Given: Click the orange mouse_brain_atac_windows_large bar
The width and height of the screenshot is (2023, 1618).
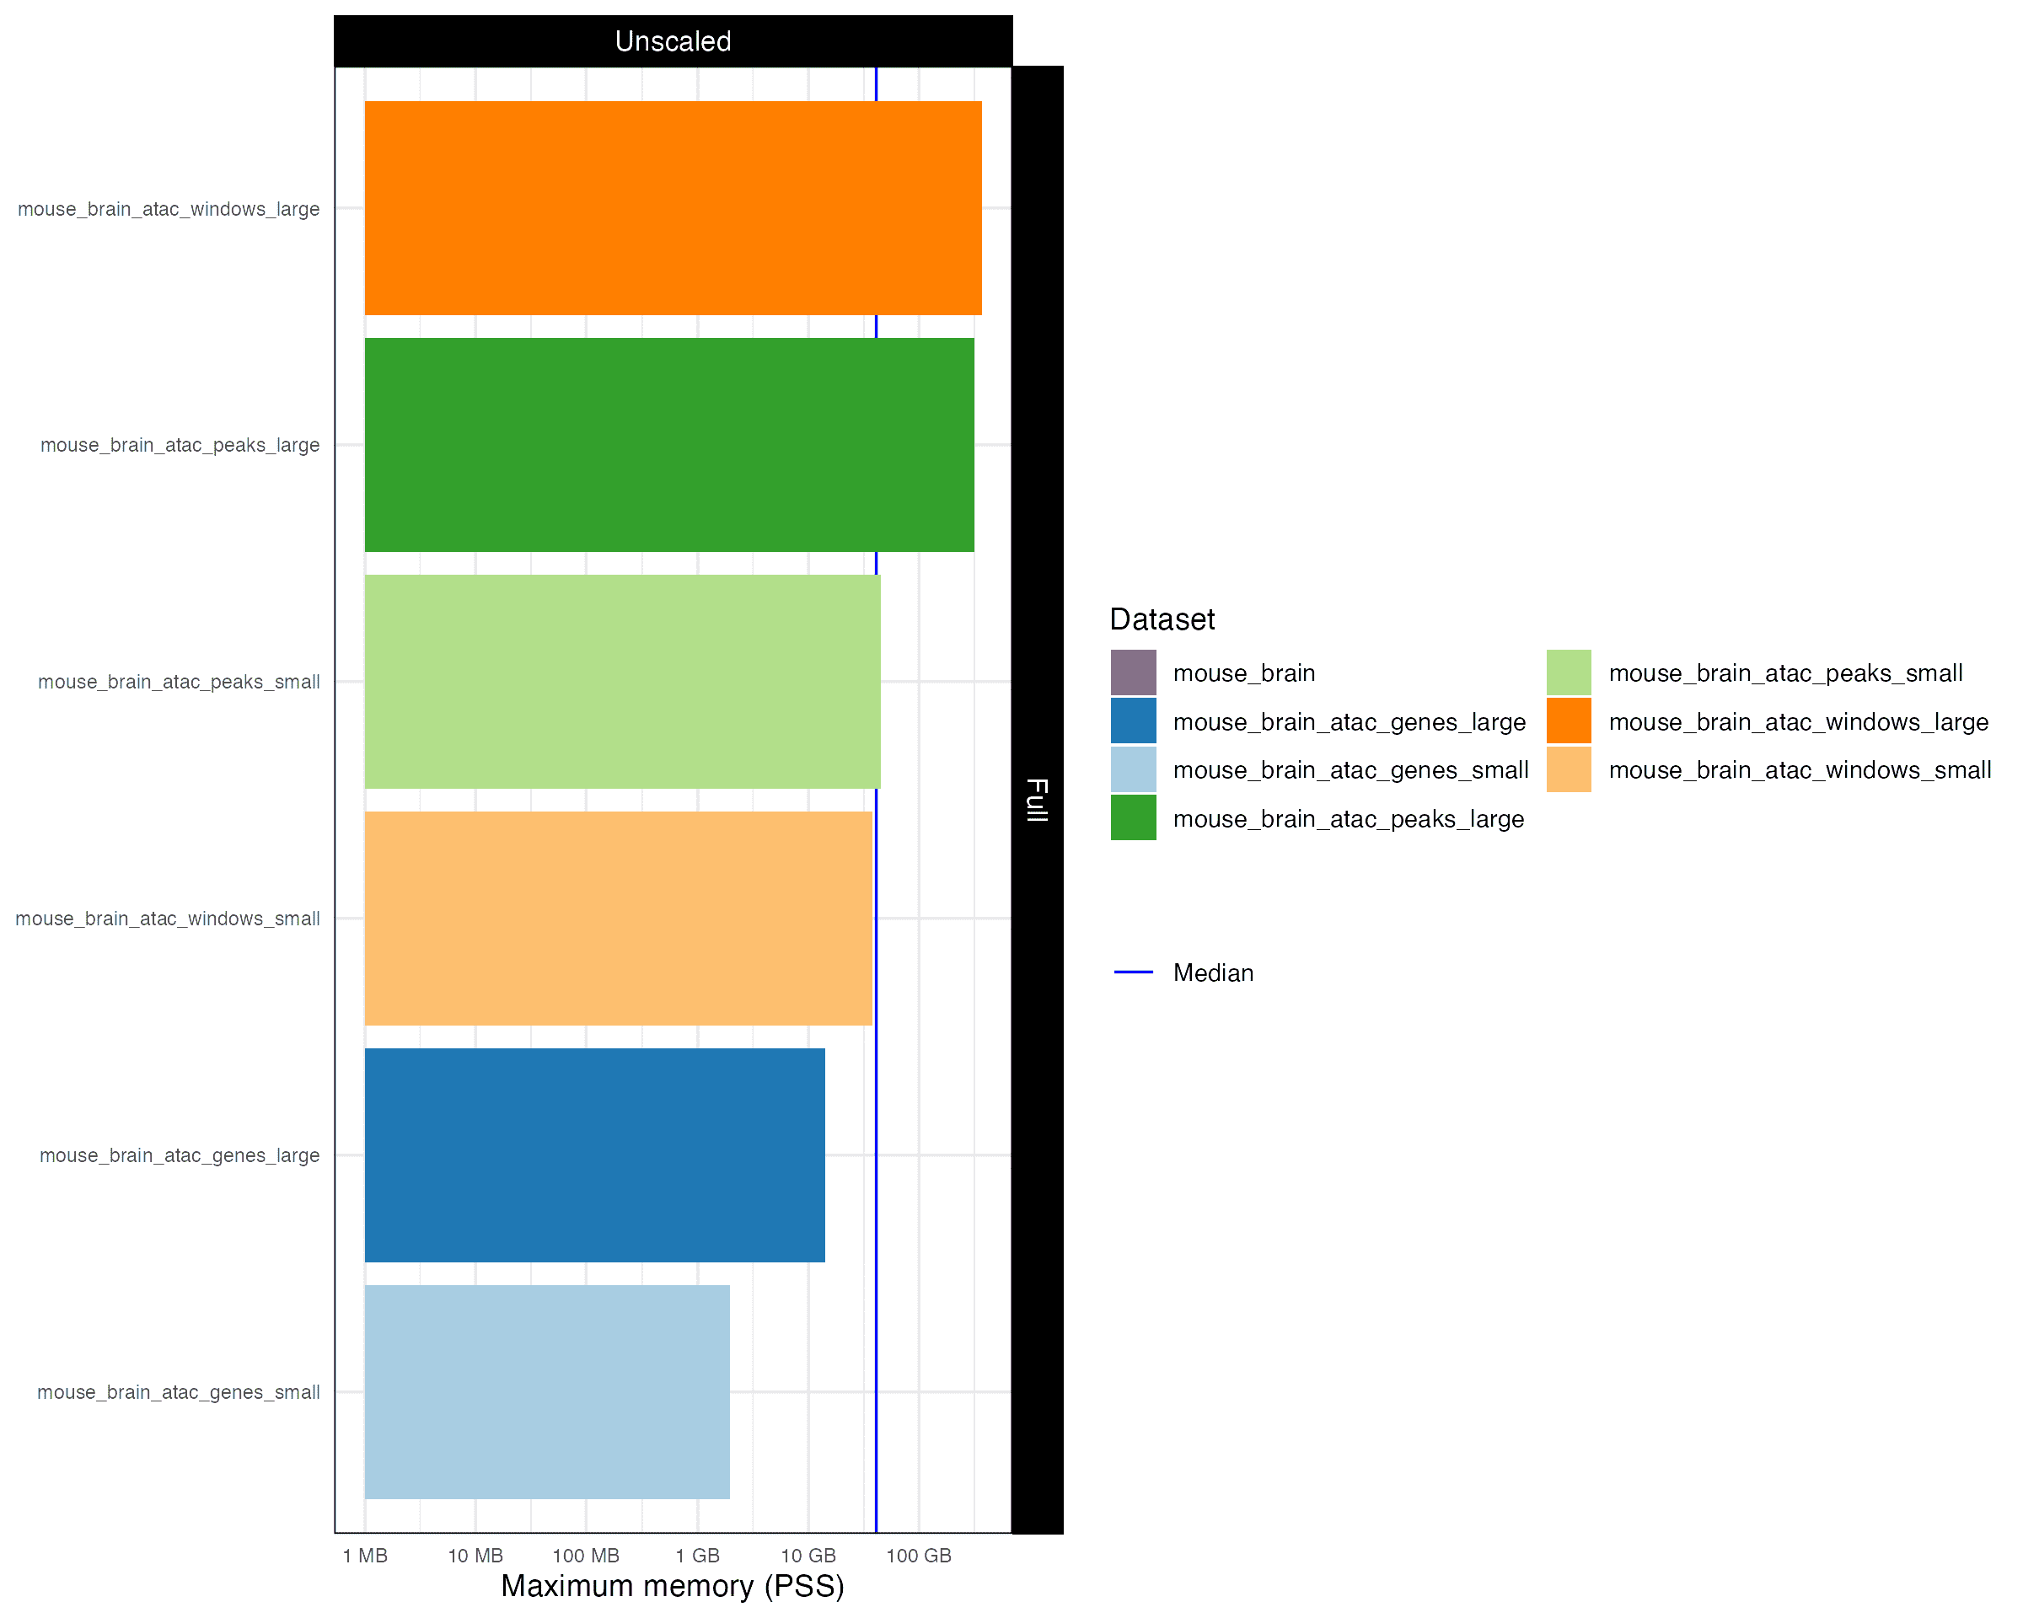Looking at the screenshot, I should point(673,208).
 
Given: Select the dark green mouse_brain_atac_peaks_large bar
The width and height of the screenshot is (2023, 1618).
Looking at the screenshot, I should point(669,445).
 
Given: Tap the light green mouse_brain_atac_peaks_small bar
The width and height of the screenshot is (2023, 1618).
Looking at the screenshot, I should point(622,682).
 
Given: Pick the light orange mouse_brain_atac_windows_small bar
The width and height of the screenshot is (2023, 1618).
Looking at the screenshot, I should point(619,919).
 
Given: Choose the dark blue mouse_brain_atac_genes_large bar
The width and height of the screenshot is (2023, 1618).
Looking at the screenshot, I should point(595,1155).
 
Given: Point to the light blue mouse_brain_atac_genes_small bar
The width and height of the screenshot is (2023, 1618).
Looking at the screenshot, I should point(547,1392).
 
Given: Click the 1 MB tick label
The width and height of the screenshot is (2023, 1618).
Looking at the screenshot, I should point(365,1556).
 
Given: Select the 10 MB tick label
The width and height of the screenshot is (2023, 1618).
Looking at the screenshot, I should point(475,1556).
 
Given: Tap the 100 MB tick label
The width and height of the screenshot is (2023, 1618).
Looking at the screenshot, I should point(587,1556).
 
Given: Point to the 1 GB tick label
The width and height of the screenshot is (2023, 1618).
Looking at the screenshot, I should point(697,1556).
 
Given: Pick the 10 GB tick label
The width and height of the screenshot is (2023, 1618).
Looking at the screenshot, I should point(808,1556).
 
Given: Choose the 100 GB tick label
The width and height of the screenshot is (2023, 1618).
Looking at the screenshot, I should point(919,1556).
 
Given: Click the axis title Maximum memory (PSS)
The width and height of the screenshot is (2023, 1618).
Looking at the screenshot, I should point(673,1586).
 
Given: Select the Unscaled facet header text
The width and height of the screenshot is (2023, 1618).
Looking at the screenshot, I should point(673,41).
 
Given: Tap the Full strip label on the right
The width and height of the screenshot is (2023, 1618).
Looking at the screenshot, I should point(1037,800).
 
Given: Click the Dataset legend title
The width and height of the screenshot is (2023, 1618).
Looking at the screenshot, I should point(1162,619).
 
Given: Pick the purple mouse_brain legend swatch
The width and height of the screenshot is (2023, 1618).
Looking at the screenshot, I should point(1134,672).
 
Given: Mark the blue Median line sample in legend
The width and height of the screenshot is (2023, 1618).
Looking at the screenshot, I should point(1134,972).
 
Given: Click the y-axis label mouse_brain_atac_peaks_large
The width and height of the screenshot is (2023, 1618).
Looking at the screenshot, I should point(180,446).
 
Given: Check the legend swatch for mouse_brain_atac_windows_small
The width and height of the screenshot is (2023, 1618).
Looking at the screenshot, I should point(1569,770).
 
